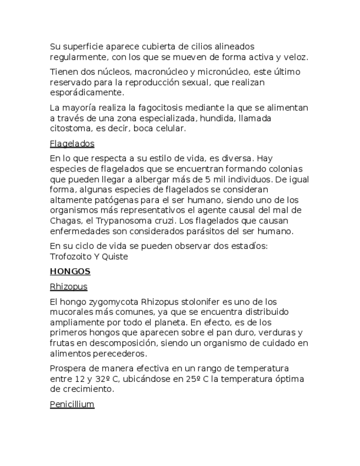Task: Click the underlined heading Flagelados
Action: (x=72, y=144)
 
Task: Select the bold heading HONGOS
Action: (x=70, y=271)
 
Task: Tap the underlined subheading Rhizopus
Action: (x=68, y=287)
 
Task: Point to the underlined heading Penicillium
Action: (x=72, y=404)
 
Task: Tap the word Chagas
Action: (x=64, y=220)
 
